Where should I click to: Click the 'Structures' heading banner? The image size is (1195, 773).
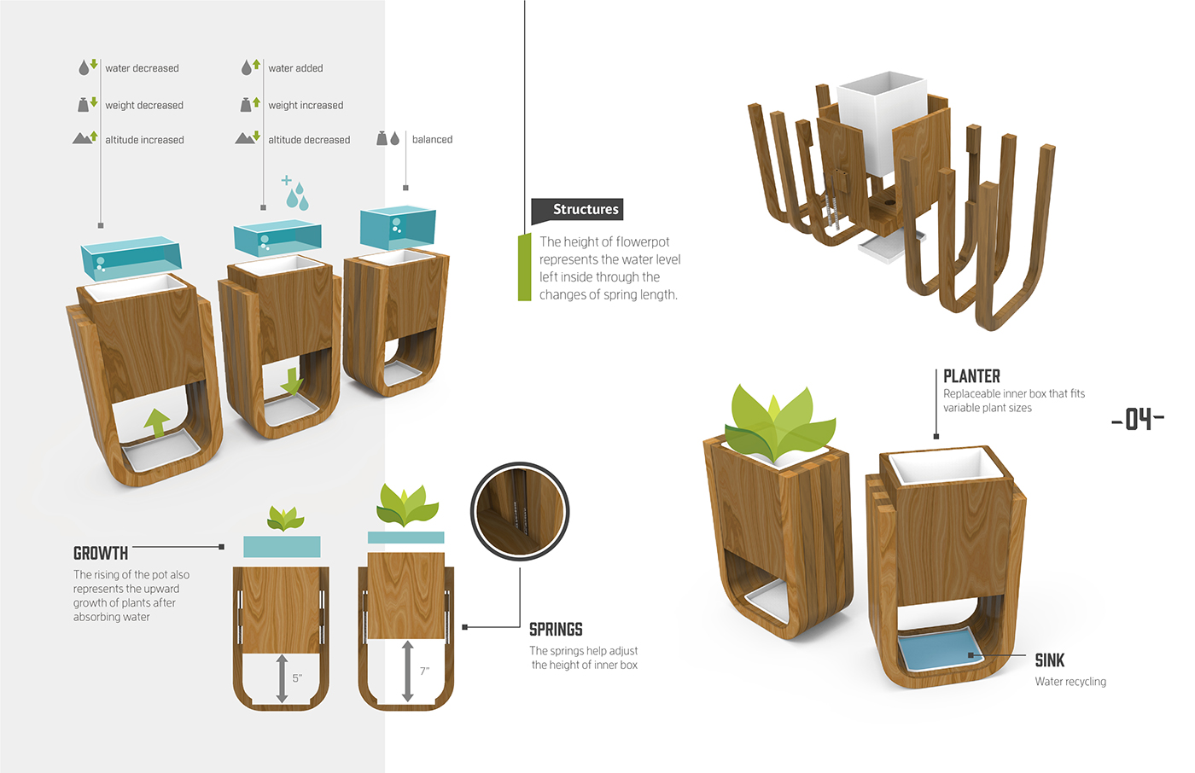point(578,210)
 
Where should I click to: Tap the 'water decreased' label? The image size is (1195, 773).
point(142,68)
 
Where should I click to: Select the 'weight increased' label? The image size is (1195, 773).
point(306,106)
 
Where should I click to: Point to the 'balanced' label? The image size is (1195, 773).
point(432,140)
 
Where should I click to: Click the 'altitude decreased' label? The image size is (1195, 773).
point(309,140)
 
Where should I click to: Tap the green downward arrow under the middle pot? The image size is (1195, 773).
point(292,381)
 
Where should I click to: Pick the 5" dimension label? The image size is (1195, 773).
point(297,678)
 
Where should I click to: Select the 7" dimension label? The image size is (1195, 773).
point(424,671)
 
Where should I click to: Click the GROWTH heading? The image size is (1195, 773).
point(101,554)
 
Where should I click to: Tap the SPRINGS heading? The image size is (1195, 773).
point(556,630)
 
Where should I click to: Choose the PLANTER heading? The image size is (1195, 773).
point(971,376)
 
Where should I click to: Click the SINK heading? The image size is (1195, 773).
point(1049,660)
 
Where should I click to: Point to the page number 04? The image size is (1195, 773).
point(1138,419)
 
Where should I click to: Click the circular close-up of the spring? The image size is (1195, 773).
point(520,511)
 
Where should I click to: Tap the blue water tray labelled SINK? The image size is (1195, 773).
point(937,653)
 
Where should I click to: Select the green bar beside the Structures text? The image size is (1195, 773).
point(524,268)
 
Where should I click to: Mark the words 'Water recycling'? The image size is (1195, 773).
point(1070,682)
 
